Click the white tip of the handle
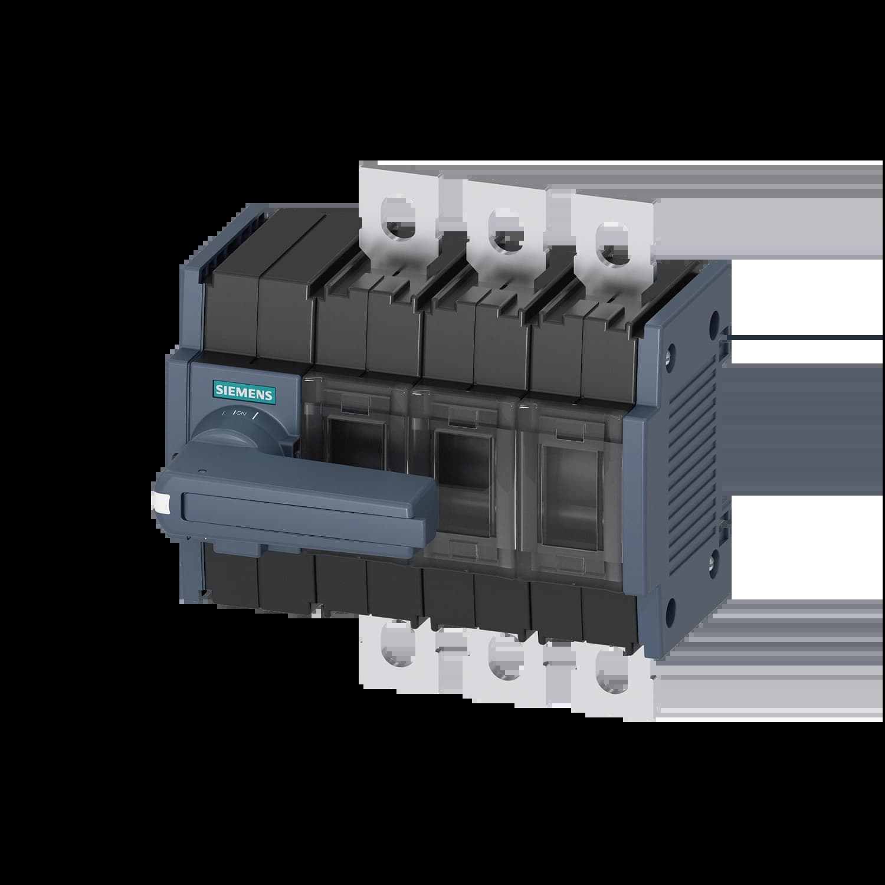[x=160, y=501]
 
